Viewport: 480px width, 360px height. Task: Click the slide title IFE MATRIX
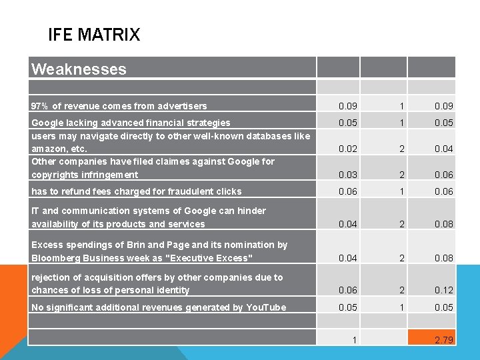coord(94,35)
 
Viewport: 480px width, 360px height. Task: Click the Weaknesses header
coord(79,69)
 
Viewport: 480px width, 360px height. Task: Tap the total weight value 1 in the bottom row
coord(353,340)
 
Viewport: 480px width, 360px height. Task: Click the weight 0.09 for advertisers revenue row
coord(347,106)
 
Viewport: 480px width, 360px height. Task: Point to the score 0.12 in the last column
coord(443,290)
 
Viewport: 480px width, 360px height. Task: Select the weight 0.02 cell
coord(347,149)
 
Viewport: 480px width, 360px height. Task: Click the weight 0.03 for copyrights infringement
coord(347,175)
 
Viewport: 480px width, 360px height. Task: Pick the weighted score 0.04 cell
coord(443,149)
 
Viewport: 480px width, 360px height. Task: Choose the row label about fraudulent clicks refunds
coord(137,191)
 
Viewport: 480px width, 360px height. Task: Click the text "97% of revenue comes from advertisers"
coord(119,106)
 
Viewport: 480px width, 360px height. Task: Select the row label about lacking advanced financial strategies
coord(131,123)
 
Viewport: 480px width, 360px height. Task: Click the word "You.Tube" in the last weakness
coord(266,307)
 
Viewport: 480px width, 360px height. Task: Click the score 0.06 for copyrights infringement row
coord(443,175)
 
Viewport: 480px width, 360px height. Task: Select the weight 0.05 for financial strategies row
coord(347,123)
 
